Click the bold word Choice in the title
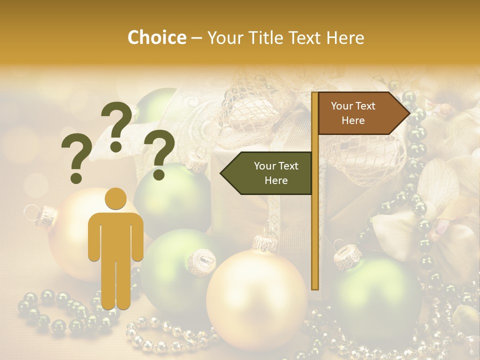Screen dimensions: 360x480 156,38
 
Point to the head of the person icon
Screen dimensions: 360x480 115,199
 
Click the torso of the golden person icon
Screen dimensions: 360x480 115,235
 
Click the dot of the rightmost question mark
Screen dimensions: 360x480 159,175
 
